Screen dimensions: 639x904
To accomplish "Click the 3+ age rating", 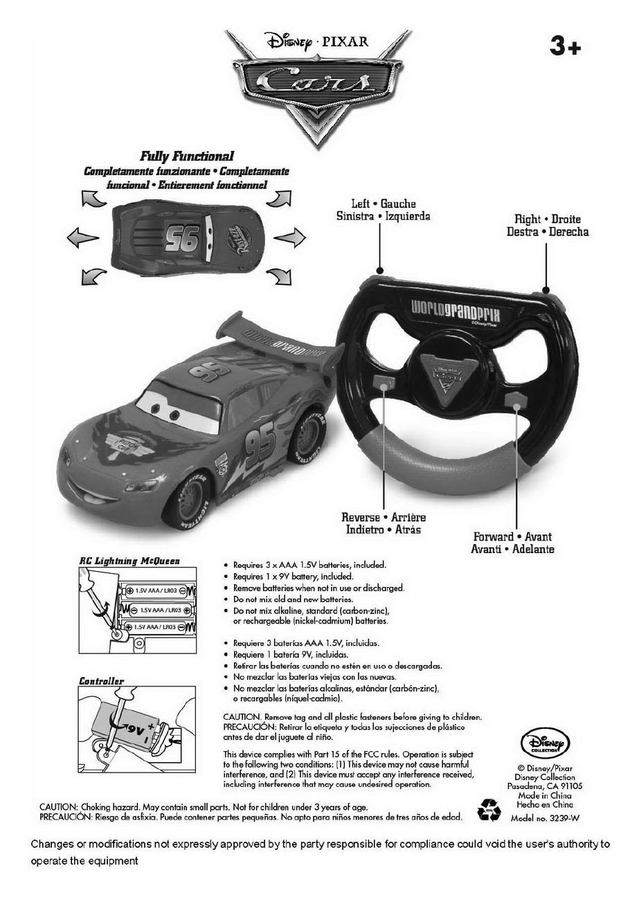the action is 565,47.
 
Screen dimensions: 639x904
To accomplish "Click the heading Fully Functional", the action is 187,156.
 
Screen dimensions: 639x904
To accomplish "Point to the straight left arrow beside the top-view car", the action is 83,239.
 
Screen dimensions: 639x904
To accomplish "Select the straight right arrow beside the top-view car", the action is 289,239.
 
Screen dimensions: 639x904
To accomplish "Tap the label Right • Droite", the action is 547,219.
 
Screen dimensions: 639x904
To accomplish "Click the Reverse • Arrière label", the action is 384,518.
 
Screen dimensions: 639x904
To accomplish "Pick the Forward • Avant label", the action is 512,536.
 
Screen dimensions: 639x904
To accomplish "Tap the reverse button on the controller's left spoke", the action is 383,381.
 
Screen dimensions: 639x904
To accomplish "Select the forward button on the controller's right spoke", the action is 515,399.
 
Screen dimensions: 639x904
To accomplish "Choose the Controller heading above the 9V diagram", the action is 101,682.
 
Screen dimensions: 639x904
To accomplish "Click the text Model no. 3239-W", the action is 544,817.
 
